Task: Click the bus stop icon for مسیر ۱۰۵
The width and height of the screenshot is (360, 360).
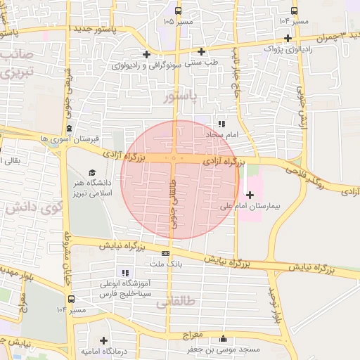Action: [x=178, y=11]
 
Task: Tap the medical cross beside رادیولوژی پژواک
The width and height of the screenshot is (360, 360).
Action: [x=288, y=37]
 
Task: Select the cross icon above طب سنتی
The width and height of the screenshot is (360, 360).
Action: [x=201, y=51]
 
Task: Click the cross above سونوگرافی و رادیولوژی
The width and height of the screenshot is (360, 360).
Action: [x=146, y=54]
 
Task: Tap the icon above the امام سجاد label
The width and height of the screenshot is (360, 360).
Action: [x=222, y=123]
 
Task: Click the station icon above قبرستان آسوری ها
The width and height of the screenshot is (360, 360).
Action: [x=69, y=128]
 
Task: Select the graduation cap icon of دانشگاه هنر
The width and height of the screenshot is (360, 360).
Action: [x=92, y=173]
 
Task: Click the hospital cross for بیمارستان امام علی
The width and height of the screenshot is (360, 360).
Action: [x=250, y=194]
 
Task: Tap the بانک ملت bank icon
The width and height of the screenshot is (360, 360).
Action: [x=165, y=253]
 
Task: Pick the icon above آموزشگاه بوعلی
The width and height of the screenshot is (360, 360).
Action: [x=125, y=273]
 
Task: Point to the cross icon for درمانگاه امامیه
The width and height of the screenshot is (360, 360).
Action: [x=104, y=340]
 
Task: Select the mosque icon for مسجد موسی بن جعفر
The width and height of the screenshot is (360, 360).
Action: [x=224, y=338]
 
